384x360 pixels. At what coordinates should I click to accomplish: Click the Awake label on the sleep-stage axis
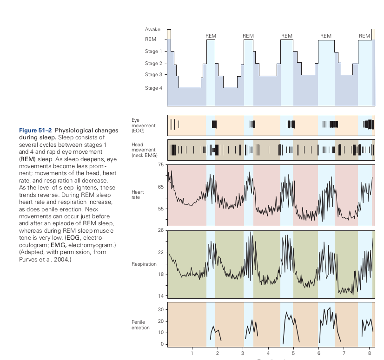coord(153,29)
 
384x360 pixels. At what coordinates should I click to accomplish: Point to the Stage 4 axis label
coord(153,88)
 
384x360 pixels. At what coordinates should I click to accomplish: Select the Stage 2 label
coord(153,63)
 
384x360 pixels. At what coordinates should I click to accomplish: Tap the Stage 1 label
coord(153,51)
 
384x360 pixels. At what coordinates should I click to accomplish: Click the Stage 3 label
coord(153,74)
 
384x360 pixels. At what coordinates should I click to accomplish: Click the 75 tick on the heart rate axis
coord(160,165)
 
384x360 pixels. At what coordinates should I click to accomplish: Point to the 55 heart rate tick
coord(160,209)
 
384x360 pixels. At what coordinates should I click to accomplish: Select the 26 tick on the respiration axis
coord(160,230)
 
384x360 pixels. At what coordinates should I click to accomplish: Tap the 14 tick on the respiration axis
coord(160,296)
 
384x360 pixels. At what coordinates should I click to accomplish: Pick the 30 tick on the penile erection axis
coord(160,309)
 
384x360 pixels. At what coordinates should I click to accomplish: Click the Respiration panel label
coord(144,264)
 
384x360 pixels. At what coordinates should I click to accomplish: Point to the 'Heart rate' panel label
coord(138,195)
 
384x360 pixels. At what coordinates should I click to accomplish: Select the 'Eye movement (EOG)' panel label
coord(143,125)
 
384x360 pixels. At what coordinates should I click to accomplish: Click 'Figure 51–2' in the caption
coord(36,130)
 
